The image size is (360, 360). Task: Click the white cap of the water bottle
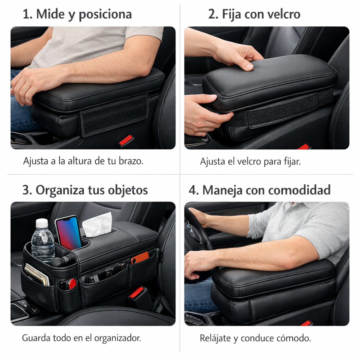[x=42, y=223]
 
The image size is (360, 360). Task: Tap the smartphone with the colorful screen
[x=68, y=233]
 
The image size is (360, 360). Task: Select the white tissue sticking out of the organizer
[x=97, y=224]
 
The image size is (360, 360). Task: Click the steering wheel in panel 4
[x=197, y=229]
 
